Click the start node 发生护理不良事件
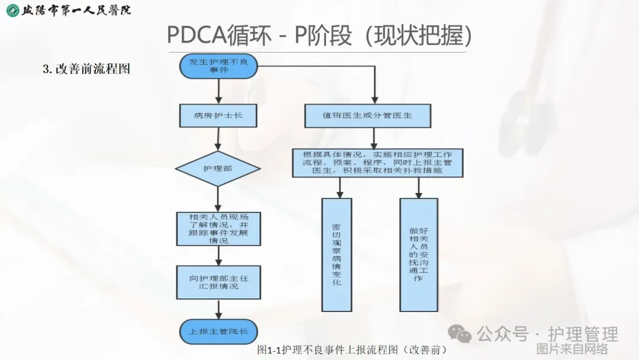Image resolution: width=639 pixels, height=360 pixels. [219, 66]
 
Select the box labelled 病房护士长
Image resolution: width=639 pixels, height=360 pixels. [219, 115]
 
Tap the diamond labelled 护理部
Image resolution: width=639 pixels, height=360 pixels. [219, 169]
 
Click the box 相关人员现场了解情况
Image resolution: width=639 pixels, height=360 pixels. [219, 229]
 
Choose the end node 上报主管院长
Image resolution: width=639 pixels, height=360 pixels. [219, 330]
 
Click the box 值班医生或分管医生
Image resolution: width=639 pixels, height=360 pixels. [367, 115]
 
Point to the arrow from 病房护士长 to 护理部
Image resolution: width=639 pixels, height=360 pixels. [219, 139]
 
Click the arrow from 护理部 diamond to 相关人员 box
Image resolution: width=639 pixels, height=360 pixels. [219, 198]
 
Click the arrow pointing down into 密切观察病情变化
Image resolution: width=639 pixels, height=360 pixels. [340, 188]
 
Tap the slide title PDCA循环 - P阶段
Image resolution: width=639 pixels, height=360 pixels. [319, 35]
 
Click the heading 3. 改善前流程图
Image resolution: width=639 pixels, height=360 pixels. [86, 69]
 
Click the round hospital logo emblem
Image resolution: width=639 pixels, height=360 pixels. [11, 10]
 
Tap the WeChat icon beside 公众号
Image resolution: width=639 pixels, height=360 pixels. [460, 335]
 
